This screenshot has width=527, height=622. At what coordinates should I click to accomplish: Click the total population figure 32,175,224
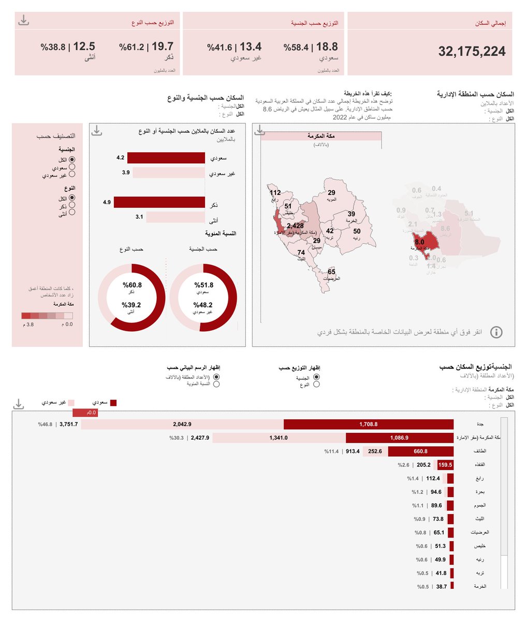472,51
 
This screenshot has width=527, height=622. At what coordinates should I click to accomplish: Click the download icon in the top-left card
23,21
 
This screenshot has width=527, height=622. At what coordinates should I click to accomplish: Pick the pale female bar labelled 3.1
176,217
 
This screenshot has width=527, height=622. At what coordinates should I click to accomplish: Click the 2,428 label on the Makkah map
295,226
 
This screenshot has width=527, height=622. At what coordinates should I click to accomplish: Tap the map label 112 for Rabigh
275,193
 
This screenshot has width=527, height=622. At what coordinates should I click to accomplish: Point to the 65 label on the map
331,272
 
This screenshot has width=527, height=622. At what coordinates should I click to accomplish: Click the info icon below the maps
496,332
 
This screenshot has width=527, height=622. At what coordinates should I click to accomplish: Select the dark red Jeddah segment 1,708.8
369,424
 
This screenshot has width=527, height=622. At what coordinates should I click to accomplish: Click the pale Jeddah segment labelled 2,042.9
182,424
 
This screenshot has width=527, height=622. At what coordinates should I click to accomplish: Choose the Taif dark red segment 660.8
421,451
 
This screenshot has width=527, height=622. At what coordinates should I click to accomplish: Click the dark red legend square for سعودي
113,402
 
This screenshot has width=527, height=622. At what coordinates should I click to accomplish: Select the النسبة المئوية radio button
216,384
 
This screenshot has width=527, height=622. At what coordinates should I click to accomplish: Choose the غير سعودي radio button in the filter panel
72,175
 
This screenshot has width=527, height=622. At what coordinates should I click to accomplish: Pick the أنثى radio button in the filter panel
72,211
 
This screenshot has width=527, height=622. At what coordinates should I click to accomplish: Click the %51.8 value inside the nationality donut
204,285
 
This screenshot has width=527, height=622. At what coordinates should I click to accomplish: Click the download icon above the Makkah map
260,131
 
